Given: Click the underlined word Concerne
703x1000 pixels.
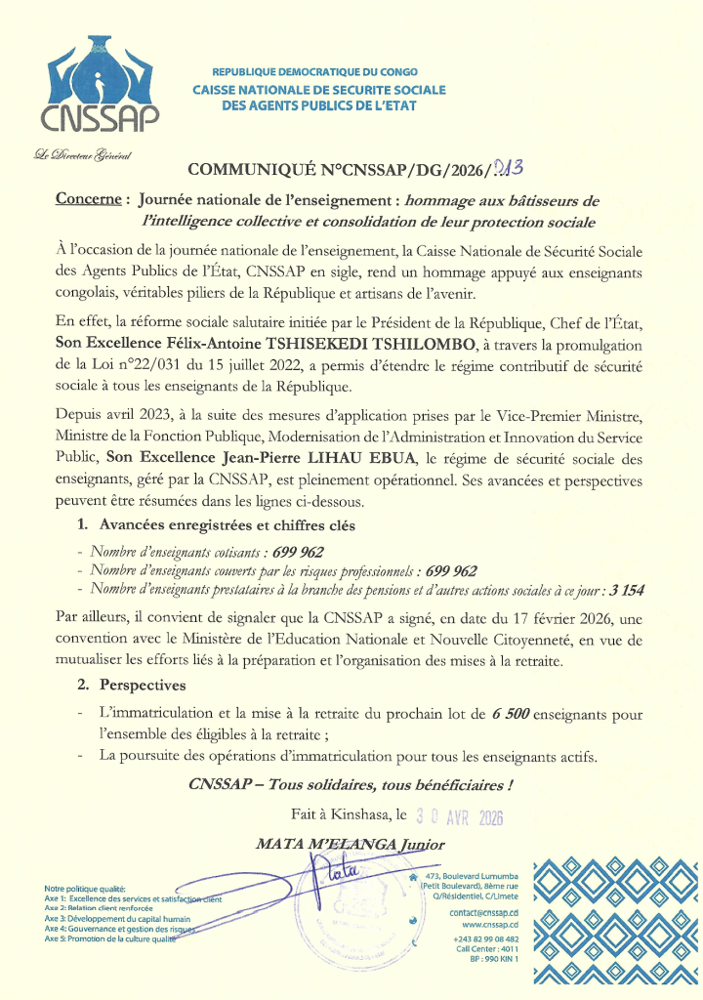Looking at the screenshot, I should tap(88, 198).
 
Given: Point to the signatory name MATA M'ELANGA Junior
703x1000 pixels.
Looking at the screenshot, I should tap(350, 843).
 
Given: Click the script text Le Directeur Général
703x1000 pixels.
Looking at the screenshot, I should tap(82, 156).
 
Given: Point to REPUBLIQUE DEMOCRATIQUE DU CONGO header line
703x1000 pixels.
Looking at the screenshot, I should tap(314, 72).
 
